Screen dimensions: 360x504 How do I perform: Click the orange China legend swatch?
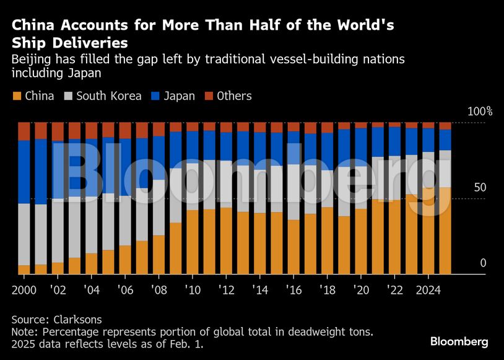pos(17,96)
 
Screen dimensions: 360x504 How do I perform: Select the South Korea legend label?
pos(109,96)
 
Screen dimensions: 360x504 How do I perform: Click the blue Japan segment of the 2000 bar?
pos(24,171)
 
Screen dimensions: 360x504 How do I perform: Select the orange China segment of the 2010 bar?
pos(193,242)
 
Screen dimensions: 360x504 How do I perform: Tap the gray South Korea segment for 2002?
pos(58,229)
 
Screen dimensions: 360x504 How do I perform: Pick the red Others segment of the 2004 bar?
pos(92,130)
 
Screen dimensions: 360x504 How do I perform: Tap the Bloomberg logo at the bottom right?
pos(459,341)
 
